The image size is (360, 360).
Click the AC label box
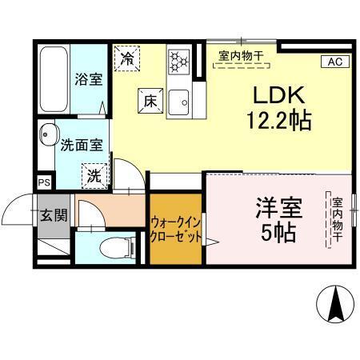coord(335,62)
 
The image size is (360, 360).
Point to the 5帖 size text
coord(278,234)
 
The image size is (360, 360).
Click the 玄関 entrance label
coord(55,216)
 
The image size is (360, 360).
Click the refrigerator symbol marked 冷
coord(127,57)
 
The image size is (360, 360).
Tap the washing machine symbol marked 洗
coord(94,175)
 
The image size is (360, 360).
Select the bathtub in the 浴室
coord(53,79)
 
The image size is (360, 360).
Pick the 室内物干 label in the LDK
coord(245,56)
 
